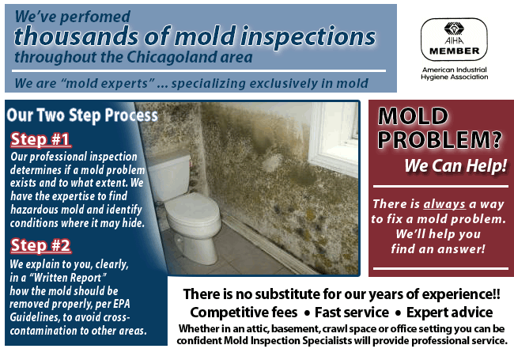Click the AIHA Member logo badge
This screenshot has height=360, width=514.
click(x=454, y=40)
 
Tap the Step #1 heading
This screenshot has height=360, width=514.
click(x=40, y=139)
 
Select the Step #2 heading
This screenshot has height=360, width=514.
click(x=40, y=245)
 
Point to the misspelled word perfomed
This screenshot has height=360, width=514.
click(x=95, y=17)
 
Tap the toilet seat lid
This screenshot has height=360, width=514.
click(x=192, y=209)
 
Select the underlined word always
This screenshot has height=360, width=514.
click(x=444, y=204)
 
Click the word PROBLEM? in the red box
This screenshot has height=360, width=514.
click(x=440, y=140)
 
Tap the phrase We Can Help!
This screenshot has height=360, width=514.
click(x=455, y=165)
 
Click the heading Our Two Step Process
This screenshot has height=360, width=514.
click(x=82, y=116)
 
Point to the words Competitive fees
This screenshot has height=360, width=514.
click(x=244, y=313)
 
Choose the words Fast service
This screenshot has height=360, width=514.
click(x=352, y=313)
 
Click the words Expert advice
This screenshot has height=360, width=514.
click(x=449, y=313)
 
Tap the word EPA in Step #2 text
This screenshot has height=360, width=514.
click(x=121, y=304)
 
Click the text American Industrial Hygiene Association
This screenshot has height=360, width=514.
click(x=455, y=74)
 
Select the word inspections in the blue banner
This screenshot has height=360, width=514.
click(x=308, y=36)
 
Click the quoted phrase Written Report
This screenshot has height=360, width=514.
click(x=68, y=278)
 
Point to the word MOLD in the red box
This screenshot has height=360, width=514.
click(x=413, y=116)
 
